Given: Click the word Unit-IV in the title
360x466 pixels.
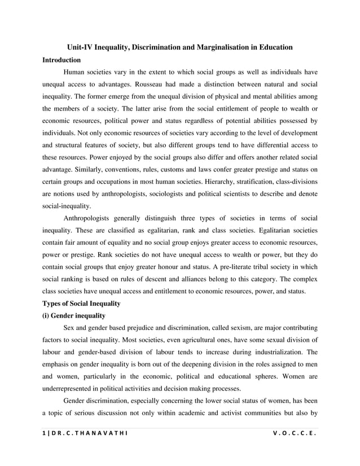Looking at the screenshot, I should point(81,47).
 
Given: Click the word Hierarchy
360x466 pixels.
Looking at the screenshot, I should point(223,182).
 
